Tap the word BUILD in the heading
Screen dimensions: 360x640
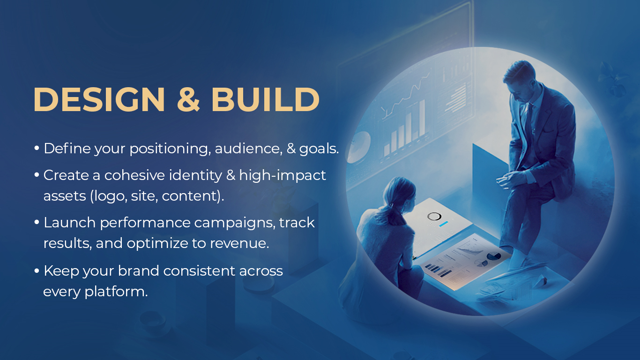click(265, 99)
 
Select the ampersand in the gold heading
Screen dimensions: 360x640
click(189, 99)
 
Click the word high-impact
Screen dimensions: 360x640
click(283, 175)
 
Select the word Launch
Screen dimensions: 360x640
click(69, 223)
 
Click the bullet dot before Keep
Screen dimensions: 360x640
click(37, 271)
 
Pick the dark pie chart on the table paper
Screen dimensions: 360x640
click(493, 256)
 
